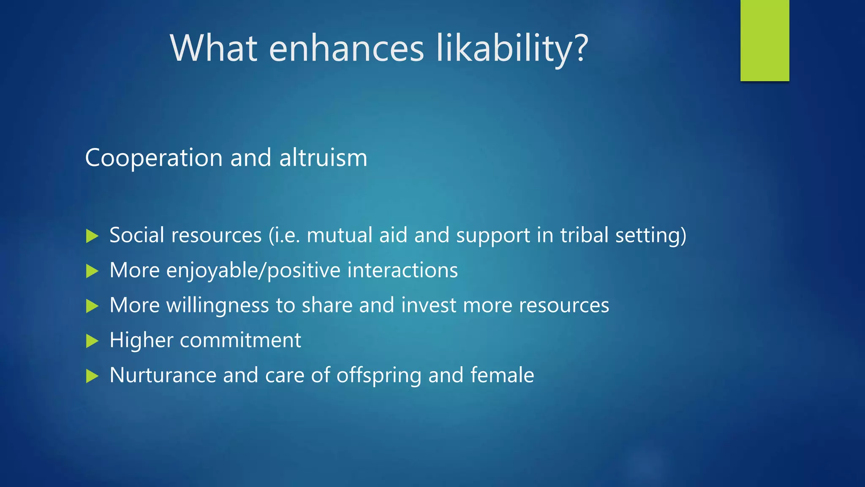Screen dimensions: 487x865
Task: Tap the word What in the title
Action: pyautogui.click(x=214, y=48)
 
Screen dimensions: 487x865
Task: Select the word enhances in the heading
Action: pyautogui.click(x=346, y=48)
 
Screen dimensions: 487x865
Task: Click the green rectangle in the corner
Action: pyautogui.click(x=764, y=40)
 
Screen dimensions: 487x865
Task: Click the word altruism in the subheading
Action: pyautogui.click(x=323, y=158)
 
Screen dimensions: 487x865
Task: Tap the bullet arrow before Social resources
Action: pyautogui.click(x=92, y=236)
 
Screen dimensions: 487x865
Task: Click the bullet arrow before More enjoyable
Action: pyautogui.click(x=92, y=271)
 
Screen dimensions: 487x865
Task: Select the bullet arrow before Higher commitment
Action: pyautogui.click(x=92, y=341)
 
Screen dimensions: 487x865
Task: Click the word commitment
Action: pyautogui.click(x=240, y=340)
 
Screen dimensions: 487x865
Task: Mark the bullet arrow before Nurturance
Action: pyautogui.click(x=92, y=376)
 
